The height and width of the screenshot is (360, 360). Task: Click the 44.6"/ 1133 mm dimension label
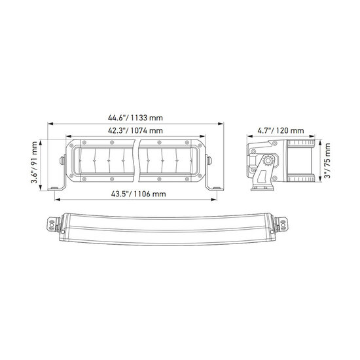point(135,118)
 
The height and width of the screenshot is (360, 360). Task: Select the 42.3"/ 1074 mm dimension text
point(135,131)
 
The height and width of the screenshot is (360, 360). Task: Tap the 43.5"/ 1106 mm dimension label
point(139,194)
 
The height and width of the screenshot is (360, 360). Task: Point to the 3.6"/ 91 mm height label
point(34,162)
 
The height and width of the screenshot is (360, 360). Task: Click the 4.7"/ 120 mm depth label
point(281,131)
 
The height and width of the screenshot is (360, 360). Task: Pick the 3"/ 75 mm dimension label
point(327,161)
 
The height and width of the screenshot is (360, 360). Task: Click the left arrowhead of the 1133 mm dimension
point(50,124)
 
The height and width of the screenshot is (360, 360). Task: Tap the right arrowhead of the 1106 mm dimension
point(214,200)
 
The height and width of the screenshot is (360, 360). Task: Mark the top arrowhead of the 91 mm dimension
point(41,142)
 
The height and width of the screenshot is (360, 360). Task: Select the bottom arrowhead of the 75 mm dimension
point(320,179)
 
